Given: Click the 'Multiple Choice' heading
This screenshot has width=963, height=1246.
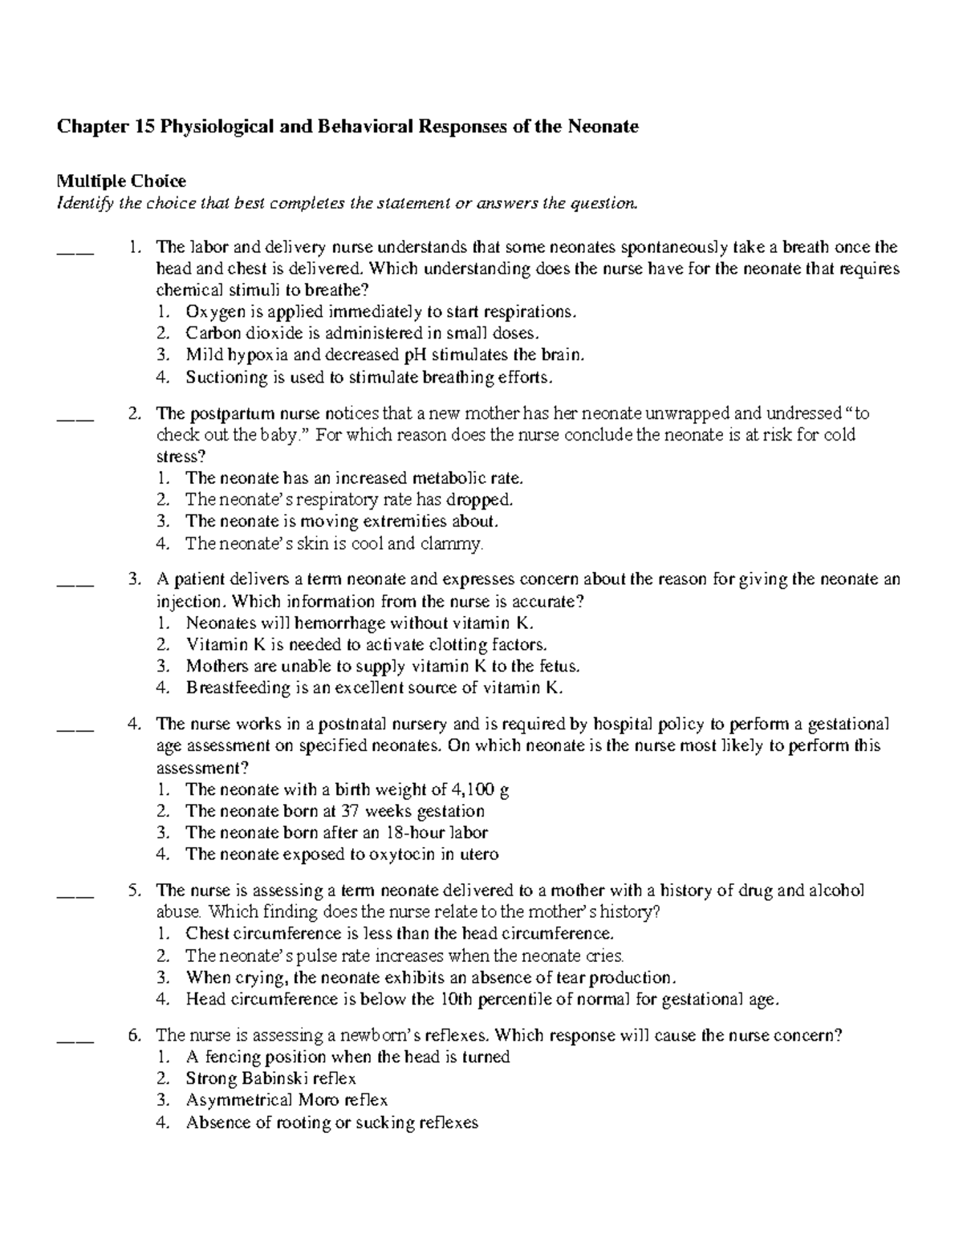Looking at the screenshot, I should tap(120, 181).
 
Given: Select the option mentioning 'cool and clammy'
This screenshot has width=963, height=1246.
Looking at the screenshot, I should tap(335, 543).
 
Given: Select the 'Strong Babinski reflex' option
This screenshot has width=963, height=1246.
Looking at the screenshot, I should tap(270, 1078).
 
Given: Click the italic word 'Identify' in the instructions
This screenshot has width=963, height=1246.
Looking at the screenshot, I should tap(84, 203).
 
